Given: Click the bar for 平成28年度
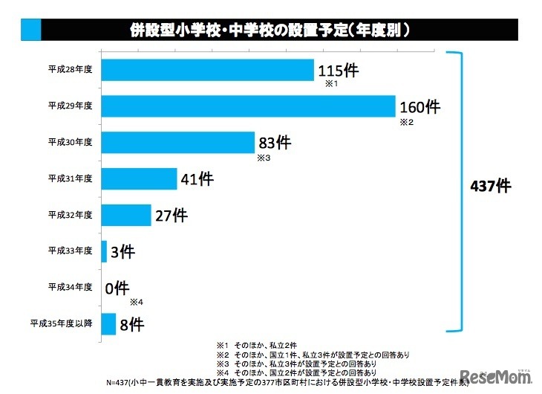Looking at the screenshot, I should (x=207, y=70).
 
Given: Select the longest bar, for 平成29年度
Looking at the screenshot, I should (x=247, y=106).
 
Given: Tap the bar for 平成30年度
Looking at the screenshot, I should (x=178, y=142).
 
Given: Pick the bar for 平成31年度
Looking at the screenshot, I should (x=139, y=178).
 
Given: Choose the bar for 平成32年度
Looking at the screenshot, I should (x=125, y=214).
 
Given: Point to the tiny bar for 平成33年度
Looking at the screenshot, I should (x=104, y=251).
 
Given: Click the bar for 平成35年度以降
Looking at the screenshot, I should (x=108, y=323).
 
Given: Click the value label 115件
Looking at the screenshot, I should (x=338, y=71).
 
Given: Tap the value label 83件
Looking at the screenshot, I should (x=274, y=143).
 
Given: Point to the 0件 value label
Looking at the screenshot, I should (x=117, y=287).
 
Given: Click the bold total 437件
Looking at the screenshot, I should (x=490, y=186).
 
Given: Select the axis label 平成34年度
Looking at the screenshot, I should (x=70, y=287).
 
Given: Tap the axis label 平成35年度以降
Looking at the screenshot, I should (x=61, y=323).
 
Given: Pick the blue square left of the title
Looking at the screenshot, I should (x=31, y=30).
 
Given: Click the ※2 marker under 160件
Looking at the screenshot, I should (x=405, y=122).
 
